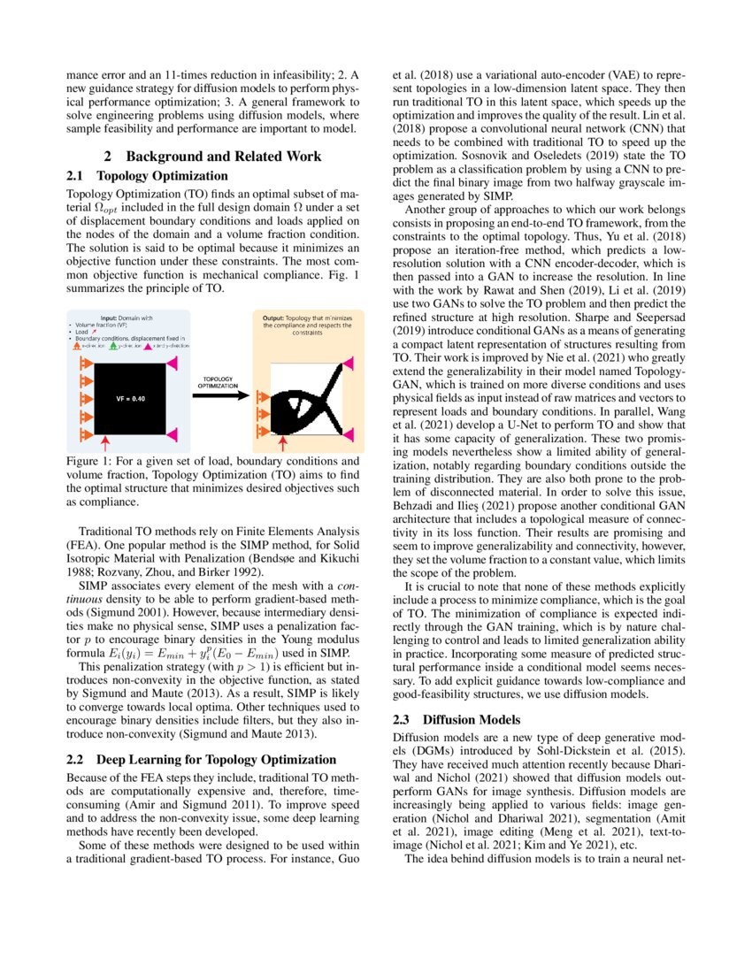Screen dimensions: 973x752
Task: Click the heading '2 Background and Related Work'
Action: coord(212,157)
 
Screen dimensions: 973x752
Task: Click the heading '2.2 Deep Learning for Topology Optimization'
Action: coord(202,759)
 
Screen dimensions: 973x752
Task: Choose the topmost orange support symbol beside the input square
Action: coord(87,363)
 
